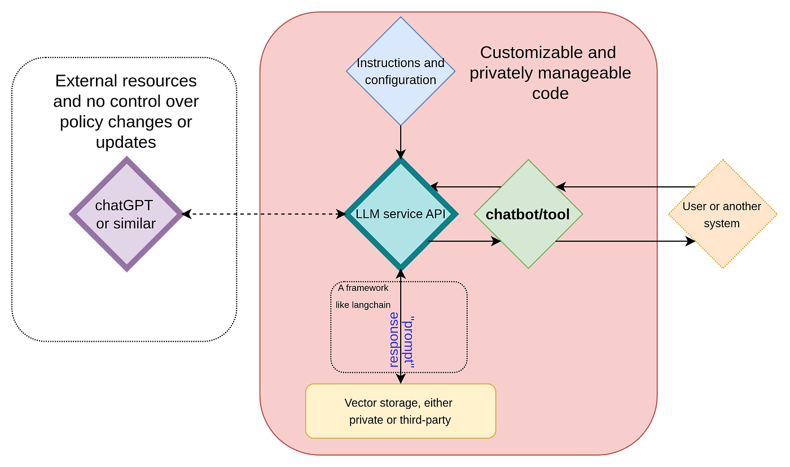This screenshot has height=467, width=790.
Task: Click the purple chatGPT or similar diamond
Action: tap(126, 214)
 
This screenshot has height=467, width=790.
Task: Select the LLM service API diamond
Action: tap(401, 214)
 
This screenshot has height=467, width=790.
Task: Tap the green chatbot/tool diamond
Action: tap(528, 214)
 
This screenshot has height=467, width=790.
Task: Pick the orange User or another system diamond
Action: tap(723, 214)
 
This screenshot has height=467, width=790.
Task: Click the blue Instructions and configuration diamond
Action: tap(401, 71)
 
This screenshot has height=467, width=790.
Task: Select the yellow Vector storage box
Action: tap(401, 411)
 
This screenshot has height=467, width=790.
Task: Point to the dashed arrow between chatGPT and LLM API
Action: tap(264, 214)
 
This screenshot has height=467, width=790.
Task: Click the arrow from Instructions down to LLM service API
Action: tap(401, 142)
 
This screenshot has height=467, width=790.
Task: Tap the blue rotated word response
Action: tap(394, 340)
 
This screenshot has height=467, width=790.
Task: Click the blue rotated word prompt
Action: tap(409, 342)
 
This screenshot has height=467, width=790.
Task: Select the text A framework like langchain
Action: tap(363, 296)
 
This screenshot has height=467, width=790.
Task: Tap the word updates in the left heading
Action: tap(126, 143)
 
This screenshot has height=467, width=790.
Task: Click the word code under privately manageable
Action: tap(550, 94)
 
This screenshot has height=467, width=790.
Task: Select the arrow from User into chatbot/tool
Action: tap(626, 187)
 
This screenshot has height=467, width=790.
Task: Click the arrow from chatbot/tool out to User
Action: tap(626, 242)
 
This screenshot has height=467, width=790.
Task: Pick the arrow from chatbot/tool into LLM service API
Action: tap(466, 187)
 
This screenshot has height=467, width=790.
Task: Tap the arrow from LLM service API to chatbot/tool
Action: tap(464, 242)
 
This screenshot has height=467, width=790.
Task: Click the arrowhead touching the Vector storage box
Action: tap(401, 379)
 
